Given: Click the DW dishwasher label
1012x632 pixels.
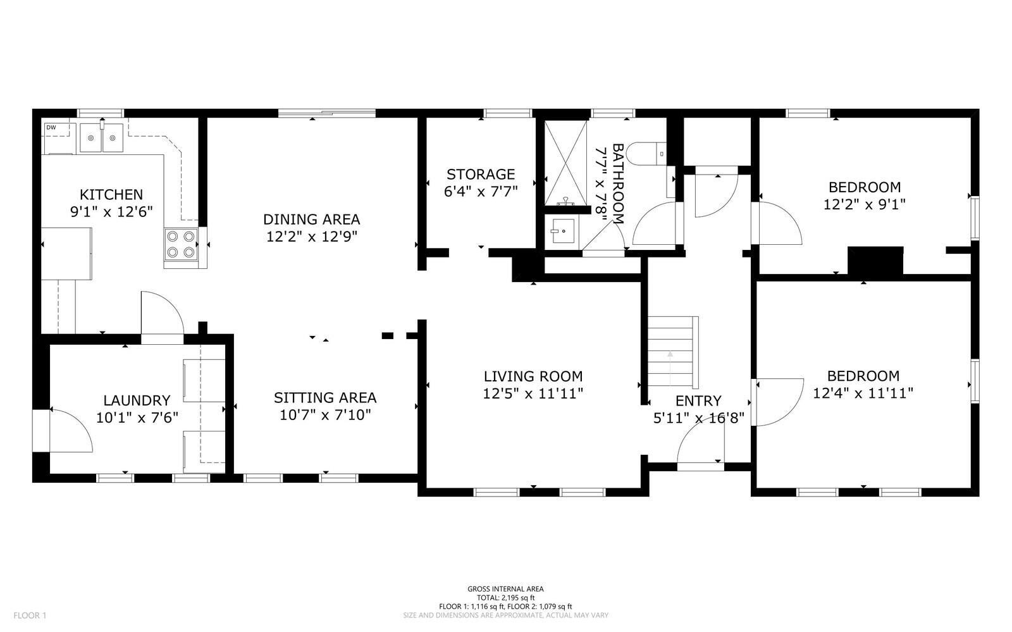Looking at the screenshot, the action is (51, 127).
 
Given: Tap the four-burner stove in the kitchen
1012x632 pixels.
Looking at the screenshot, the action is (181, 244).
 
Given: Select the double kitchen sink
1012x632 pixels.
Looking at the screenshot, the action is (102, 138).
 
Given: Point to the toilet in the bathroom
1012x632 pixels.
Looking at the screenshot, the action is (646, 154).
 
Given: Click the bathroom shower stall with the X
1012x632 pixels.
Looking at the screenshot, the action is (565, 163).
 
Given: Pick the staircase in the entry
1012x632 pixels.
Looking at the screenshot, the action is (673, 352).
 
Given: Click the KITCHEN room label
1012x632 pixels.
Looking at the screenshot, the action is (111, 195).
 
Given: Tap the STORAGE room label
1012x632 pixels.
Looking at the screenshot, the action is (481, 175).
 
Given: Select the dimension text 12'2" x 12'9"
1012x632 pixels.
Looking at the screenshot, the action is (312, 237).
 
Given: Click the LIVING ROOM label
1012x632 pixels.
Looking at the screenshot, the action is (533, 376).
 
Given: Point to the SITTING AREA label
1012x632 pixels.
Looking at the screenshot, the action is (325, 397).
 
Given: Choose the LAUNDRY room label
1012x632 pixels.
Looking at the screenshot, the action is (137, 400).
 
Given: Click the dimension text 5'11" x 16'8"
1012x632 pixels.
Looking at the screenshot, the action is (698, 418).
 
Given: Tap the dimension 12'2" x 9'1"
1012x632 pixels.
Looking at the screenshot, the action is (864, 204).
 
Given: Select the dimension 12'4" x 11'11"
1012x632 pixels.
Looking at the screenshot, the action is (863, 393).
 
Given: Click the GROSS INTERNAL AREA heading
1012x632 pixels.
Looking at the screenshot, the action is (505, 589).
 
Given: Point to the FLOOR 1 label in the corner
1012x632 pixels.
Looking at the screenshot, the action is (30, 616).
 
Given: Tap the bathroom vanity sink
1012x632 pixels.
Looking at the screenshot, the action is (562, 232).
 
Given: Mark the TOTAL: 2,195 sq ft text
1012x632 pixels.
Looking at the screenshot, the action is (505, 598).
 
